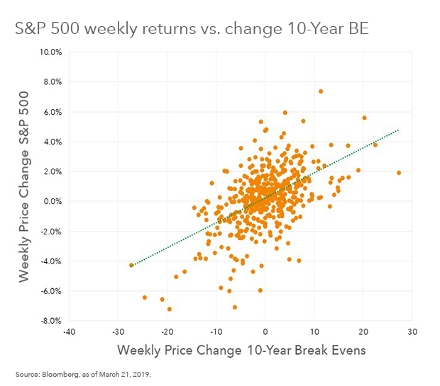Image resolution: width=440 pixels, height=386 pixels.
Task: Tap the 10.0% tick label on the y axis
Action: pos(52,52)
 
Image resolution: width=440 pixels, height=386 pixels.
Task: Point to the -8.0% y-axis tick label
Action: pos(51,321)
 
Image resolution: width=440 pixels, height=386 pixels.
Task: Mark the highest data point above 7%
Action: pos(321,91)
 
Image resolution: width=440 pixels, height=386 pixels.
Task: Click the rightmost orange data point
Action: pos(399,173)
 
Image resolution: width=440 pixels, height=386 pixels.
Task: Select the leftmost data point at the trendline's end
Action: pos(131,265)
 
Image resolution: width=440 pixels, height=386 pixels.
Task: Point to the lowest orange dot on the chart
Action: pos(170,309)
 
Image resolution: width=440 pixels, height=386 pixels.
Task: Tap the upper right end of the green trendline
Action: pos(399,130)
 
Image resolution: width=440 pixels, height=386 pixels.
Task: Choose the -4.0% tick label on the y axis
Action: pos(51,261)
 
